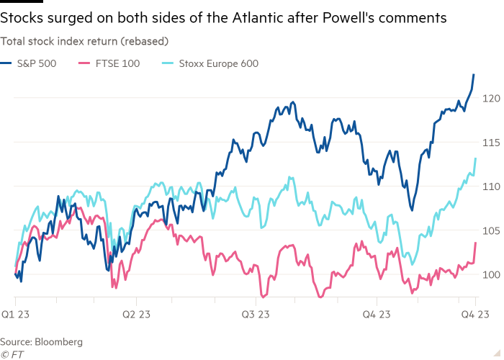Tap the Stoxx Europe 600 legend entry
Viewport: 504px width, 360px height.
coord(216,63)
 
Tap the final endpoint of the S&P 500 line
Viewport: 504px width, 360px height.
coord(474,74)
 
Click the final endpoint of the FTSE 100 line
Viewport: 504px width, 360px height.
coord(476,243)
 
